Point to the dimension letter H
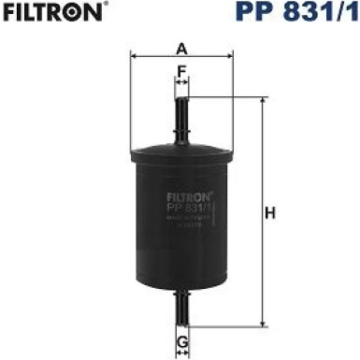coord(271,214)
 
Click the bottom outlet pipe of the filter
coord(182,305)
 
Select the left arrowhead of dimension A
coord(134,55)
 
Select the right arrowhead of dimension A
coord(231,55)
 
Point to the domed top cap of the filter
coord(182,149)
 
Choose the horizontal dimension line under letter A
coord(159,55)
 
